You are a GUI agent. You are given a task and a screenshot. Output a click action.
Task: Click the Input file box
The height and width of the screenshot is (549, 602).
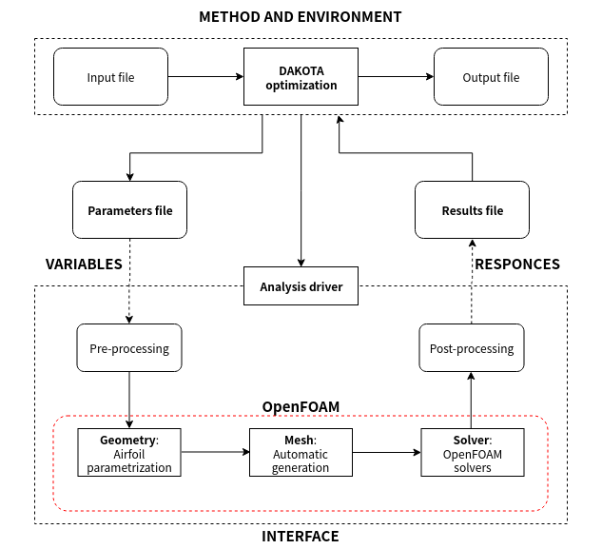(x=110, y=77)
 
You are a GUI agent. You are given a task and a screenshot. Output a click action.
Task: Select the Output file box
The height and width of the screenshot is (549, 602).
(x=491, y=77)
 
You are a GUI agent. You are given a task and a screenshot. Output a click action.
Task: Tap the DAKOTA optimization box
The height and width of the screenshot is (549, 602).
(x=301, y=77)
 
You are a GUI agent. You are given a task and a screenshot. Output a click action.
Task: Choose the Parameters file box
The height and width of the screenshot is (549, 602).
(x=129, y=210)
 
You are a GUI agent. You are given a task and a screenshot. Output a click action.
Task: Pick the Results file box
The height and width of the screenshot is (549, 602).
(x=472, y=210)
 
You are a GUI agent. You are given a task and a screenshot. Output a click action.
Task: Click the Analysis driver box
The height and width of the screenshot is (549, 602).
(x=301, y=286)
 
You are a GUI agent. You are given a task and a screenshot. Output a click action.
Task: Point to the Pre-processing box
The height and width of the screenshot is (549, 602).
(x=129, y=348)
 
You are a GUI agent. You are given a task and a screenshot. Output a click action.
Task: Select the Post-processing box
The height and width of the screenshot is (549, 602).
(x=472, y=348)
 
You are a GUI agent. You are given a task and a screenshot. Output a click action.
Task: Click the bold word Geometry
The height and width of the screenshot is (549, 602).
(x=127, y=441)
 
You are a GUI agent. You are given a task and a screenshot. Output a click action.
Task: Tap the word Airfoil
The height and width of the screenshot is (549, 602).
(x=129, y=454)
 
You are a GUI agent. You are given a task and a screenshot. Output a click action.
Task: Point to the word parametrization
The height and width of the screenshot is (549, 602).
(x=129, y=467)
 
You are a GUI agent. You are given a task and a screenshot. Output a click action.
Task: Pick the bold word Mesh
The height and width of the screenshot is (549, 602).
(x=299, y=441)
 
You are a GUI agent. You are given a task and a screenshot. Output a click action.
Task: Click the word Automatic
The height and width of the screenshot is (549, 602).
(x=301, y=454)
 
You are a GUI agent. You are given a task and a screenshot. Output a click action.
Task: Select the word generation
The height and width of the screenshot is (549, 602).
(x=301, y=467)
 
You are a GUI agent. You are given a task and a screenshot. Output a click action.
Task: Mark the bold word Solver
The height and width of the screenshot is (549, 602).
(x=471, y=441)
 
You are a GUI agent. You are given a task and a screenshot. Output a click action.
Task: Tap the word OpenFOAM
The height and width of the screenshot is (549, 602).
(x=472, y=454)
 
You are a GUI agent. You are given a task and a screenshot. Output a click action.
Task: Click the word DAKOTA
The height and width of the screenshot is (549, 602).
(x=301, y=70)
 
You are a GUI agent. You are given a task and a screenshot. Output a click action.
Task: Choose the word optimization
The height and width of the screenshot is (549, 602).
(x=301, y=85)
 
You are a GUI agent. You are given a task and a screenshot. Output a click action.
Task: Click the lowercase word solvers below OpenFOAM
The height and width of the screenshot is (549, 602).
(x=472, y=467)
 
